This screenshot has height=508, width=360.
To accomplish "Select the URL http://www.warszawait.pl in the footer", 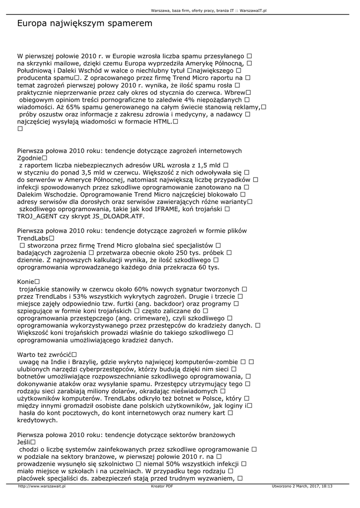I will point(42,487).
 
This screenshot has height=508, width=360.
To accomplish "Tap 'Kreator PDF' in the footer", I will point(162,487).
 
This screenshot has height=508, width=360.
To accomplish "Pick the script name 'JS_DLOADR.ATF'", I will point(121,217).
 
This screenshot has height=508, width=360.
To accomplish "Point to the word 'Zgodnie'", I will point(30,158).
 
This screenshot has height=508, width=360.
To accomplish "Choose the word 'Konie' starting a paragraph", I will point(26,281).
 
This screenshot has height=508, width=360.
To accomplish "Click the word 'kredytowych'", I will point(37,420).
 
